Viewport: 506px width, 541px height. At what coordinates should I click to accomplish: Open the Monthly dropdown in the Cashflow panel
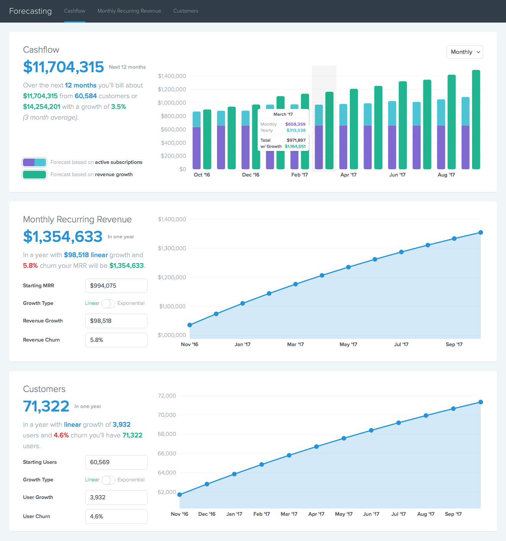pyautogui.click(x=465, y=52)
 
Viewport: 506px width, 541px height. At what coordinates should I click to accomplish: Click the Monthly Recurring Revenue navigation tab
pyautogui.click(x=129, y=11)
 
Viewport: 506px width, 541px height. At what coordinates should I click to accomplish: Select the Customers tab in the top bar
pyautogui.click(x=186, y=11)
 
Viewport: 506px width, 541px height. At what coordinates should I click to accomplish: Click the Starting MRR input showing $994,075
pyautogui.click(x=116, y=286)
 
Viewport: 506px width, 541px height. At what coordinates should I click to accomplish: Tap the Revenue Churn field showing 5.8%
pyautogui.click(x=116, y=340)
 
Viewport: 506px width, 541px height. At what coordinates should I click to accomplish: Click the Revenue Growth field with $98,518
pyautogui.click(x=116, y=321)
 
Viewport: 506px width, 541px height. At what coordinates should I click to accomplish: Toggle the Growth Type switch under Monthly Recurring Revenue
pyautogui.click(x=108, y=303)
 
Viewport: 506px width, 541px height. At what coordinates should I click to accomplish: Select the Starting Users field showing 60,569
pyautogui.click(x=116, y=462)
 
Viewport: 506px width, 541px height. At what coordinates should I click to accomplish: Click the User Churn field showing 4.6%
pyautogui.click(x=116, y=517)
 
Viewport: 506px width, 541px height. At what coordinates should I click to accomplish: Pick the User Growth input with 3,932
pyautogui.click(x=116, y=497)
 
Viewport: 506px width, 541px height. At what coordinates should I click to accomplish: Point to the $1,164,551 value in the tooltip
pyautogui.click(x=295, y=146)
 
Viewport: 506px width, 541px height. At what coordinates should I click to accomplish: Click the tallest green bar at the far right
pyautogui.click(x=476, y=119)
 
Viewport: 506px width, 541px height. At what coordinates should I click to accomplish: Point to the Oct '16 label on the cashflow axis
pyautogui.click(x=202, y=175)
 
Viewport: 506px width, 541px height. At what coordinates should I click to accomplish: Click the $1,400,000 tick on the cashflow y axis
pyautogui.click(x=172, y=76)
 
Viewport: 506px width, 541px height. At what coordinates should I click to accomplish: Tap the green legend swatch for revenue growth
pyautogui.click(x=34, y=175)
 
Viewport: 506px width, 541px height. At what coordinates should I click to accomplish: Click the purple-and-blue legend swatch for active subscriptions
pyautogui.click(x=34, y=162)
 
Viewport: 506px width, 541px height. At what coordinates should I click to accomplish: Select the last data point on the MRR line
pyautogui.click(x=481, y=232)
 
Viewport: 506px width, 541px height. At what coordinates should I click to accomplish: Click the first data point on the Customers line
pyautogui.click(x=180, y=495)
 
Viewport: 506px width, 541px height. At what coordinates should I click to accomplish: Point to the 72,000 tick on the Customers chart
pyautogui.click(x=167, y=396)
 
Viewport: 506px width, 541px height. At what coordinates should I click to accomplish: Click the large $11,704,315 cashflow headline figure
pyautogui.click(x=64, y=67)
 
